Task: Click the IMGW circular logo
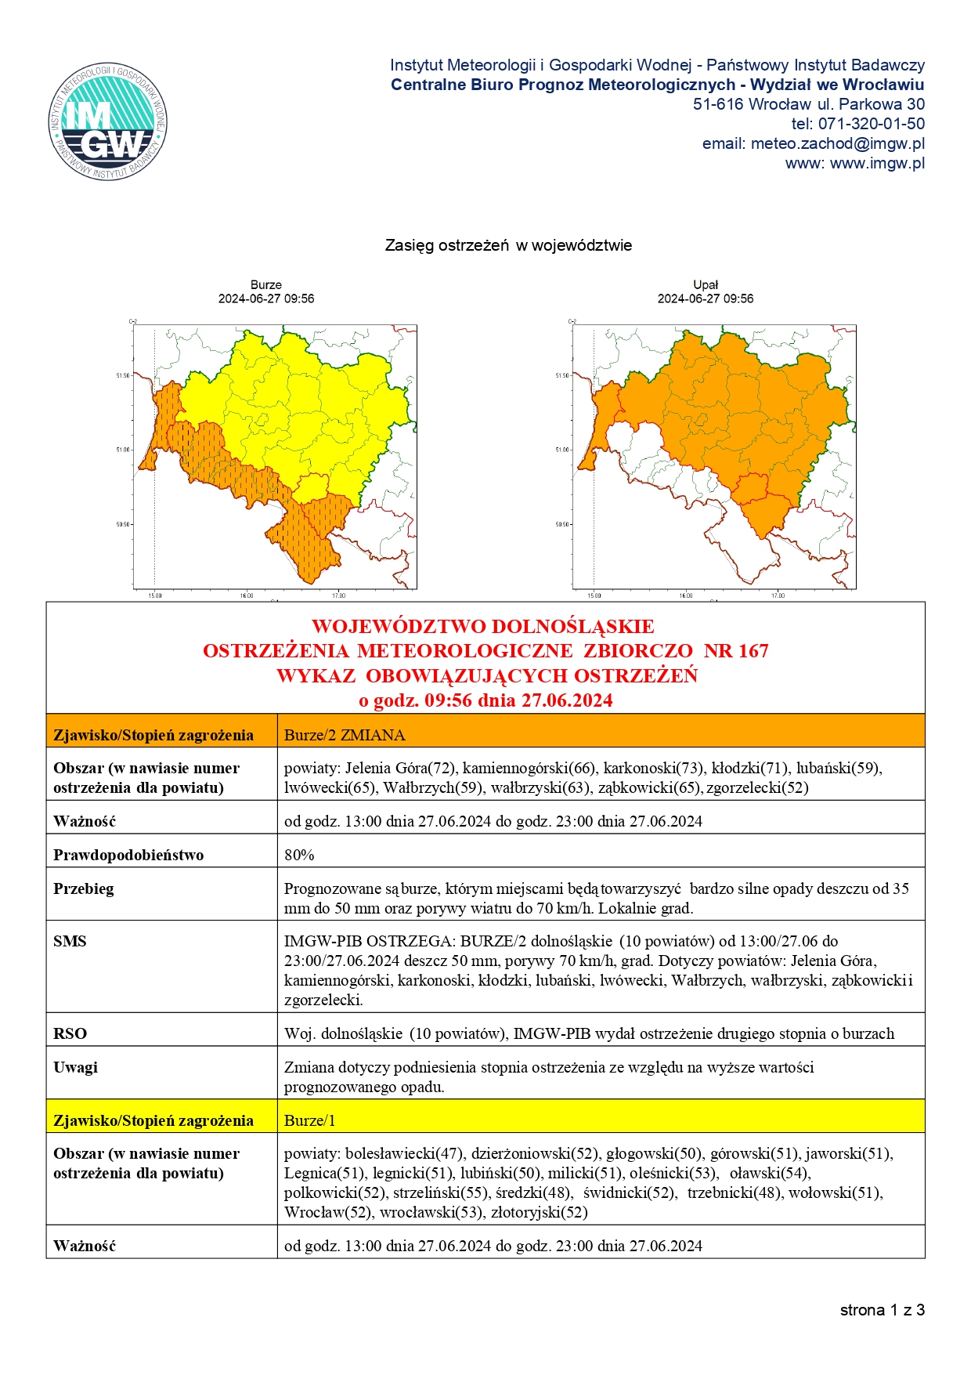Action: coord(107,121)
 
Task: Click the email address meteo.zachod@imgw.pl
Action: coord(837,143)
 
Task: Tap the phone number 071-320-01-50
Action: coord(871,124)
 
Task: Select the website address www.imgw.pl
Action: coord(877,163)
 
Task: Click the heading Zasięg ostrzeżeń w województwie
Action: coord(508,245)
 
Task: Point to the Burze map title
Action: coord(266,285)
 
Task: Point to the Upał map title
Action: coord(706,285)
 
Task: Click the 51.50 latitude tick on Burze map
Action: coord(123,375)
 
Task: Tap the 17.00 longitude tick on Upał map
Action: coord(777,595)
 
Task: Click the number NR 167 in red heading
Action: coord(736,651)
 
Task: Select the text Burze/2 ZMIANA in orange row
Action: coord(345,735)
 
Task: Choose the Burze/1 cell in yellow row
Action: coord(309,1120)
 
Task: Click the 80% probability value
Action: coord(299,855)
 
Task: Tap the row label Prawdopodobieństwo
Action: coord(128,855)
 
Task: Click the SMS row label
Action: coord(70,941)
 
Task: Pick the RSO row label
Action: coord(70,1033)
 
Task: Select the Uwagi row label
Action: coord(75,1067)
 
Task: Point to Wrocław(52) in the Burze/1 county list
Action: coord(327,1212)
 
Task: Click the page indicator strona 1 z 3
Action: coord(882,1310)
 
